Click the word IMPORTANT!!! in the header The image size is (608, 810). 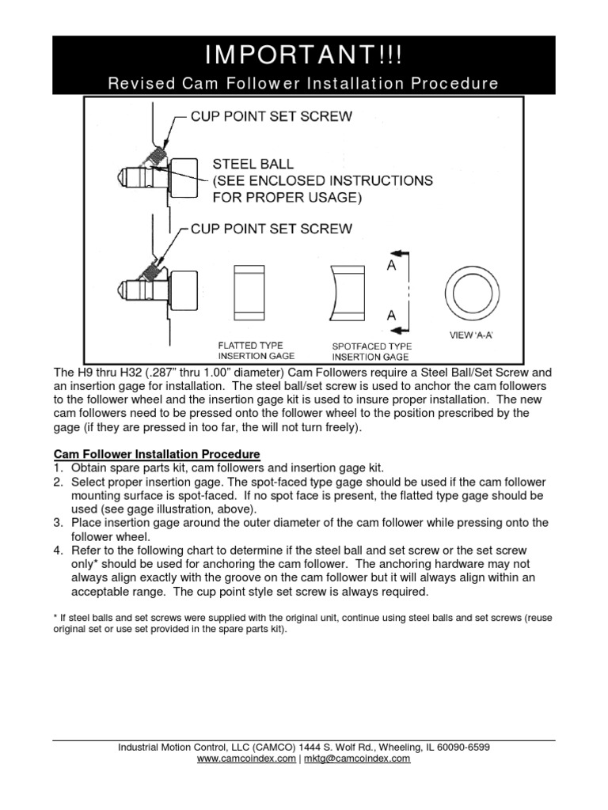coord(304,56)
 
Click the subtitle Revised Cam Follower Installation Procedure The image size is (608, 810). coord(304,83)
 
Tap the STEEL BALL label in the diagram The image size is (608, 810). coord(253,165)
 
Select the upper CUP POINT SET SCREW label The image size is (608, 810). coord(272,116)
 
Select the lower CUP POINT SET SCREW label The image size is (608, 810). coord(272,229)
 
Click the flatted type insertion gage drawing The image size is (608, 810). coord(251,290)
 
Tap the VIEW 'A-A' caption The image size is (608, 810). coord(472,335)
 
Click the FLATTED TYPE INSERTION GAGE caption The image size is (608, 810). coord(250,351)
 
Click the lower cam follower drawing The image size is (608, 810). coord(158,286)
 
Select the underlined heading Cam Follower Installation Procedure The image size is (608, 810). coord(157,455)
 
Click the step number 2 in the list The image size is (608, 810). coord(58,482)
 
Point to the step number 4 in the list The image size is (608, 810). coord(58,551)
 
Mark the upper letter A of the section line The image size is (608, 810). coord(391,267)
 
